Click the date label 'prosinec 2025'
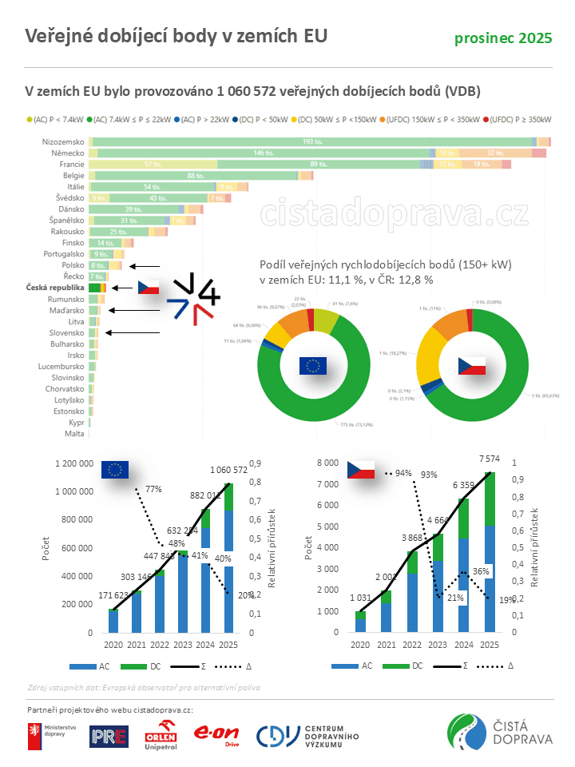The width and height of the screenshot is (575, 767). tap(503, 38)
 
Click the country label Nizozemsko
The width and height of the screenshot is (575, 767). tap(63, 141)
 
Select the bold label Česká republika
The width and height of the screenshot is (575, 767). tap(55, 287)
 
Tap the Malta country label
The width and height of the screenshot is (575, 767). tap(74, 434)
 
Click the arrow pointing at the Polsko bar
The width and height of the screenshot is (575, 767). tap(145, 265)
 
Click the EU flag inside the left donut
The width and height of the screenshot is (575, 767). tap(313, 366)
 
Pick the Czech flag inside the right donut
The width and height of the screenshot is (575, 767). tap(471, 366)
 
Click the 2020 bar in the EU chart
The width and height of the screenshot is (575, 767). tap(114, 621)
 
